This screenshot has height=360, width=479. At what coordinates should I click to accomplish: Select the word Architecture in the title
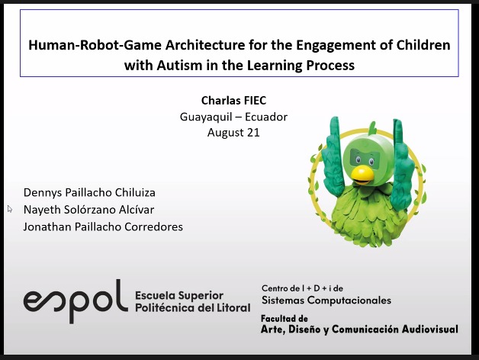[x=205, y=45]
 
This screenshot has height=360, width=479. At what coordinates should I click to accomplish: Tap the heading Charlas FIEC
[x=233, y=100]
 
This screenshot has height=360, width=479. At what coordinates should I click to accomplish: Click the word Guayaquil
[x=206, y=117]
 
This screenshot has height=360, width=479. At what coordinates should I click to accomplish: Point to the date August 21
[x=233, y=133]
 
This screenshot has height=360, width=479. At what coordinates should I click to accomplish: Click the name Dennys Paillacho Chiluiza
[x=89, y=193]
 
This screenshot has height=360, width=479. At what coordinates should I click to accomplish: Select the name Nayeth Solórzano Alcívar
[x=89, y=210]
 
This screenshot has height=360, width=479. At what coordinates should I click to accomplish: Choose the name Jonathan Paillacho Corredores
[x=103, y=227]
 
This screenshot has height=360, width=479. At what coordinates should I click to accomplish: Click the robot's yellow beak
[x=362, y=175]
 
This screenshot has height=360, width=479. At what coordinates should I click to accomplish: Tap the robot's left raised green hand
[x=334, y=156]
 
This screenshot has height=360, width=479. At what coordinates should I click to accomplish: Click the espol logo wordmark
[x=76, y=301]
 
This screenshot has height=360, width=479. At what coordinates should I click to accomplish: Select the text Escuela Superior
[x=179, y=295]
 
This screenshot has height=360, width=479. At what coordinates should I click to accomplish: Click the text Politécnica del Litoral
[x=193, y=307]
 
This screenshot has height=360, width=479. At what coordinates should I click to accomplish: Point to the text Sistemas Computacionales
[x=326, y=300]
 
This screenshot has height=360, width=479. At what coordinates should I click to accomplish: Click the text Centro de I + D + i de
[x=303, y=288]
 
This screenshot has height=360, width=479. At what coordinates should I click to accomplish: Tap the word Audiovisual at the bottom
[x=430, y=329]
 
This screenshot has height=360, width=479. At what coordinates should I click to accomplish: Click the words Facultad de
[x=284, y=319]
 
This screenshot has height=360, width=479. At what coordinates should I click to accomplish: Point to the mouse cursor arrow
[x=10, y=209]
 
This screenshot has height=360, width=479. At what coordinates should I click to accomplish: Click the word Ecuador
[x=266, y=117]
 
